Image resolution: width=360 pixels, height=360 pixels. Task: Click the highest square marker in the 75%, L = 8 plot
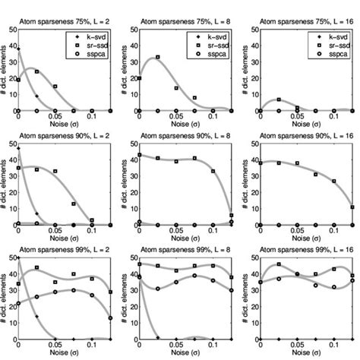158,57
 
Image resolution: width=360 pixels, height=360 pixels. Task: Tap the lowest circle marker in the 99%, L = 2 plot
111,317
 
